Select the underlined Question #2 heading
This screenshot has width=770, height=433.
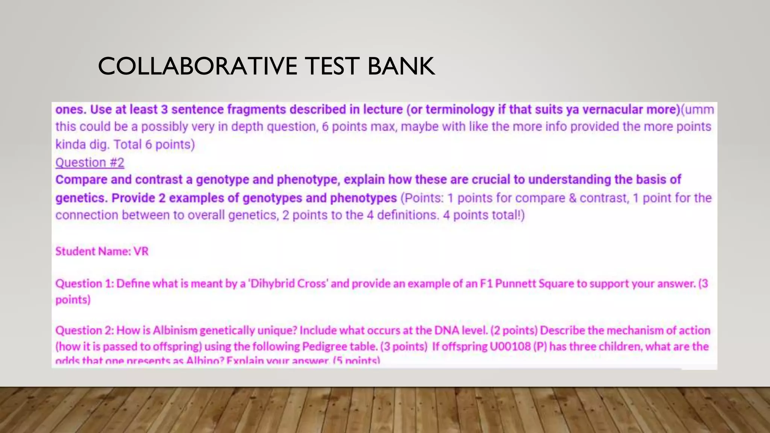click(90, 162)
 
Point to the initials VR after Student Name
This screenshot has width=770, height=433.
click(141, 251)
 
